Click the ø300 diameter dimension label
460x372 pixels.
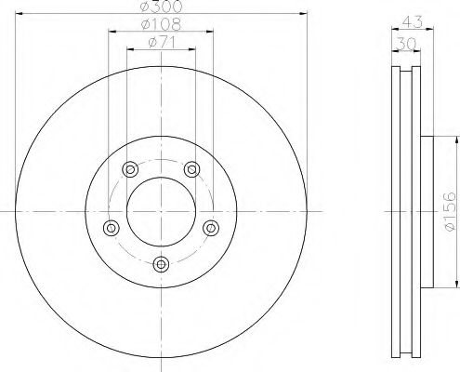pyautogui.click(x=161, y=7)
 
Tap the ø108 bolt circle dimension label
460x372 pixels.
pyautogui.click(x=161, y=24)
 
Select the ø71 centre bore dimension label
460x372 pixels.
pyautogui.click(x=163, y=42)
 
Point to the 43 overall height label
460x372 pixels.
pyautogui.click(x=413, y=22)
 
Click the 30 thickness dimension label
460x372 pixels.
pyautogui.click(x=407, y=44)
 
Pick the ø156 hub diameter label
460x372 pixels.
pyautogui.click(x=450, y=211)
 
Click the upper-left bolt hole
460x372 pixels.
pyautogui.click(x=130, y=169)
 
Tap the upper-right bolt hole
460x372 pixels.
pyautogui.click(x=192, y=169)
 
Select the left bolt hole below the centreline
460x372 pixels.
pyautogui.click(x=112, y=228)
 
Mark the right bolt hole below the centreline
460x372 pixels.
pyautogui.click(x=211, y=228)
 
